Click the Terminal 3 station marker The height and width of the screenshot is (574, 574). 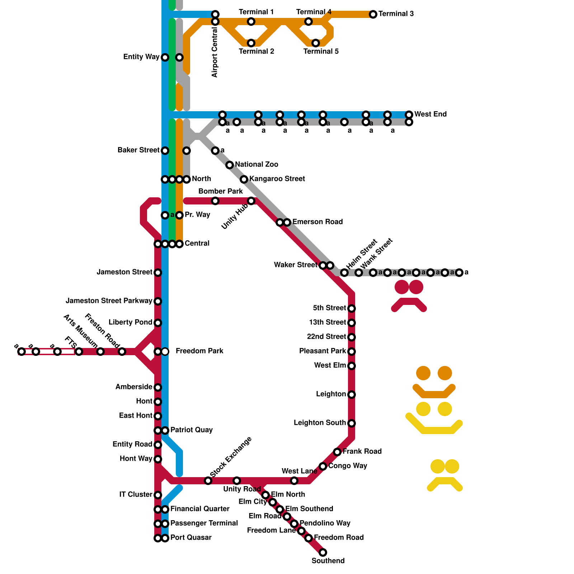[x=373, y=14]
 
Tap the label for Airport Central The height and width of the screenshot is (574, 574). [x=215, y=52]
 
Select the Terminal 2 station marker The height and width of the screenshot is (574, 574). [x=251, y=43]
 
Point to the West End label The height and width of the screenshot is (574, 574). [x=430, y=114]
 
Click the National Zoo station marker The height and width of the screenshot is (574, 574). [x=230, y=165]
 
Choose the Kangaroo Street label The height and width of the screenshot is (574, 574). [x=277, y=179]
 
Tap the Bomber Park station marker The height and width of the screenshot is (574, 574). [x=215, y=201]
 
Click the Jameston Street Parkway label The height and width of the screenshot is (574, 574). [x=109, y=301]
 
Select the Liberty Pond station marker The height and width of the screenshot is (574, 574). [x=158, y=323]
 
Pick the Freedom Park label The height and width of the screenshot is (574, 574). [x=199, y=351]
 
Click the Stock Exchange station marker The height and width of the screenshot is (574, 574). [x=208, y=481]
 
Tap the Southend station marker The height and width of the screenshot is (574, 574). [x=323, y=552]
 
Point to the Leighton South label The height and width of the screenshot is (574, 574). [x=320, y=423]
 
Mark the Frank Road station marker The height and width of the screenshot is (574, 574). [x=337, y=452]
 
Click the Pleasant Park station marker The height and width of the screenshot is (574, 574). [x=352, y=352]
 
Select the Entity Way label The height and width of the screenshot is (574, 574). [x=141, y=57]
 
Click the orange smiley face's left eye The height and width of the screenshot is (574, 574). [x=423, y=373]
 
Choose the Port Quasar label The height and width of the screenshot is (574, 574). [x=191, y=537]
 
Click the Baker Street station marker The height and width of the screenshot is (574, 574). [x=165, y=151]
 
